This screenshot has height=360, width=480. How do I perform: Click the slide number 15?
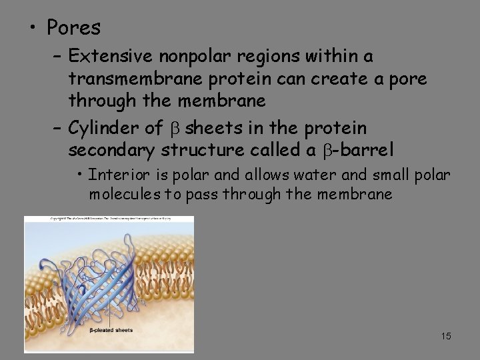click(x=445, y=336)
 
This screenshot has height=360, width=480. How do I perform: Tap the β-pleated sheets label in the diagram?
click(x=111, y=330)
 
